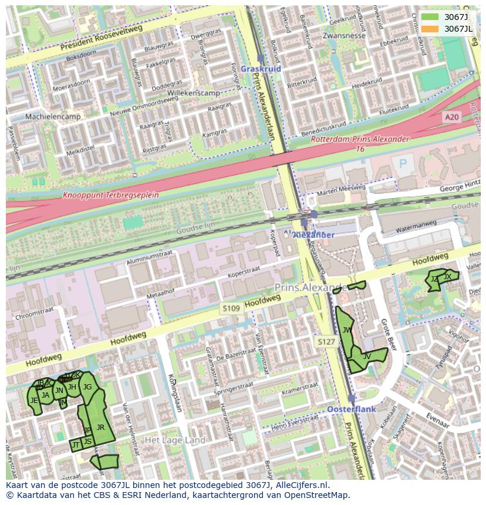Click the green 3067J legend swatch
[430, 18]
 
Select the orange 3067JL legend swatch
[430, 29]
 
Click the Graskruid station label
[261, 69]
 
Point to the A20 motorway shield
[451, 117]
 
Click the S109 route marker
[231, 307]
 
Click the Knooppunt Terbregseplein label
[111, 195]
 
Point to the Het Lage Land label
[175, 440]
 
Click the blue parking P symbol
[403, 163]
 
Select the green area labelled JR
[100, 427]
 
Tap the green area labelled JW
[347, 330]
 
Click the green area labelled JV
[367, 356]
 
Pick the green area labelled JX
[447, 276]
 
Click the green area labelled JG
[87, 387]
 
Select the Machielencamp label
[53, 117]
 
